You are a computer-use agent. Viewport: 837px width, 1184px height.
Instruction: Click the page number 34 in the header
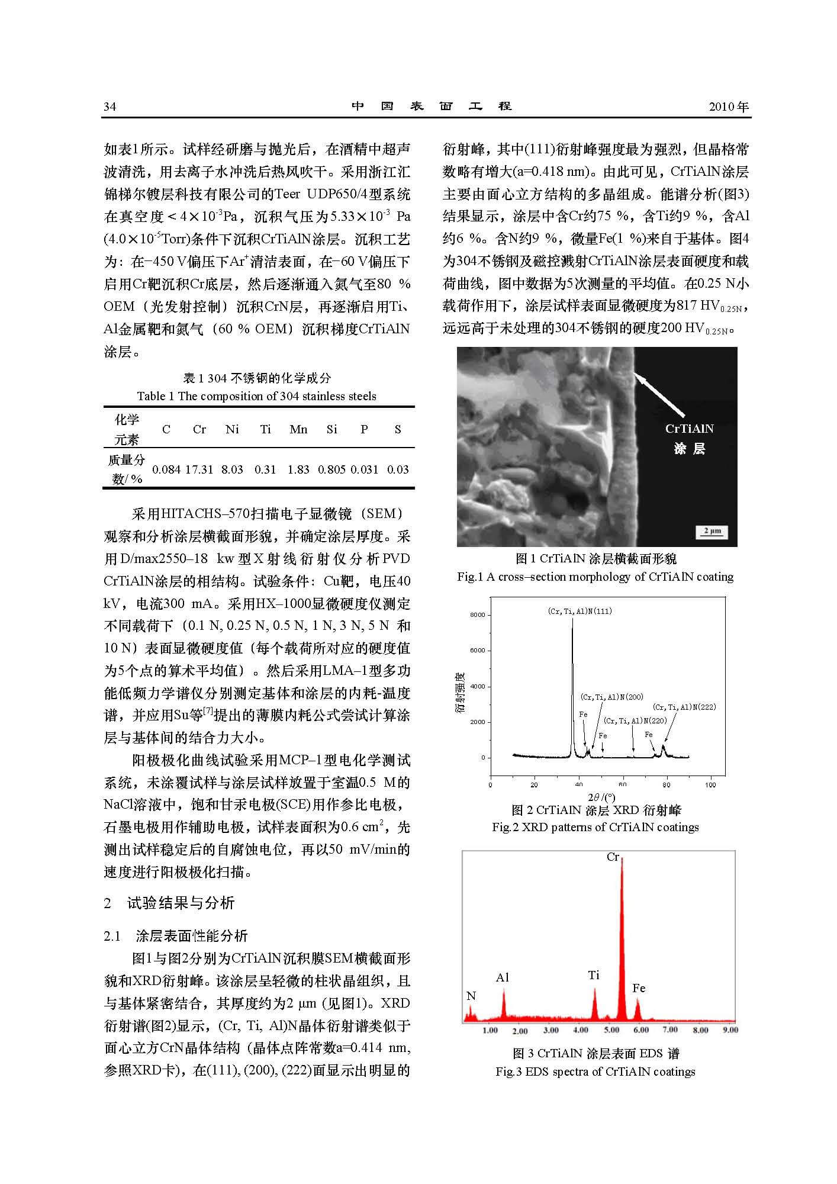click(110, 107)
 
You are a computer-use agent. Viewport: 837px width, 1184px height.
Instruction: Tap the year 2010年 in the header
click(729, 107)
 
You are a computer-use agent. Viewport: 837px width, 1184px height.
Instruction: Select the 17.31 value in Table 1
click(199, 469)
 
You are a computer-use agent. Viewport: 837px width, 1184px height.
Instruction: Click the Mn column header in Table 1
click(298, 429)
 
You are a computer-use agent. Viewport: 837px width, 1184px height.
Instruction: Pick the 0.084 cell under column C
click(166, 469)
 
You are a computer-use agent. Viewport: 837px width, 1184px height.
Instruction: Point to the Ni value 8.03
click(232, 469)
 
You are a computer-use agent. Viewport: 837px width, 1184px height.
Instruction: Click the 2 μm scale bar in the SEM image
click(712, 531)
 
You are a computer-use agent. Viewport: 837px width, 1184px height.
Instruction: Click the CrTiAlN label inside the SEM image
click(690, 429)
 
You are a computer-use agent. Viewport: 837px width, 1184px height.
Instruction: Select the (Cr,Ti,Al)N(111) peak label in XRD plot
click(580, 611)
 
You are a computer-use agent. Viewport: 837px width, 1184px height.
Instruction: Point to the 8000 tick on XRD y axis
click(477, 615)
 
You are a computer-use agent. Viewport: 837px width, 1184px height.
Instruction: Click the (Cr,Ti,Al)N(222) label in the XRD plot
click(684, 707)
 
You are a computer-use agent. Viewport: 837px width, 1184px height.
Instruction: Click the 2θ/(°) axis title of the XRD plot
click(601, 797)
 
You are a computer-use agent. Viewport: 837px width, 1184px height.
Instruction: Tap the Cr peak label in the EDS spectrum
click(613, 857)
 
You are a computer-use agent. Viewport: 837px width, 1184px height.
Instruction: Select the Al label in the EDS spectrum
click(502, 978)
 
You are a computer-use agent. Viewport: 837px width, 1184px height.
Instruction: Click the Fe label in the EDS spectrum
click(639, 988)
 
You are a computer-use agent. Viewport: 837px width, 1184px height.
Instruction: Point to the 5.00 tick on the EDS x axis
click(611, 1030)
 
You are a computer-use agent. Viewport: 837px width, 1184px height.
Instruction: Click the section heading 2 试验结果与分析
click(169, 903)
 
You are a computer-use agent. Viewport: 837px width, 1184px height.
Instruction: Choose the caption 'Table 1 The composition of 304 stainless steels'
click(256, 396)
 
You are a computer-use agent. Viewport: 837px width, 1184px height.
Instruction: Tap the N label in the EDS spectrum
click(471, 996)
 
